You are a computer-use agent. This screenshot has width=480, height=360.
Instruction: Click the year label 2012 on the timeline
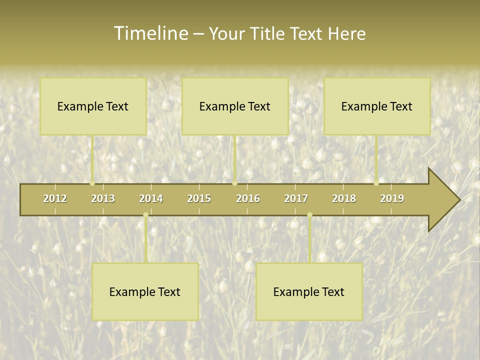point(55,198)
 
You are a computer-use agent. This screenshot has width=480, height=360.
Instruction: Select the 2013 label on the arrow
point(103,198)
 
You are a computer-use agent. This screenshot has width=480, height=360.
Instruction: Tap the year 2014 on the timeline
point(151,198)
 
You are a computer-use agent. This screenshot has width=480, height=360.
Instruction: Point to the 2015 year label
point(199,198)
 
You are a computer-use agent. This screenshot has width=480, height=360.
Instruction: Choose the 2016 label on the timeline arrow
point(248,198)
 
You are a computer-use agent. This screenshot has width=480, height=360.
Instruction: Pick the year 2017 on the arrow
point(296,198)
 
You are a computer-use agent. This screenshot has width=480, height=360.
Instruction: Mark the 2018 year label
point(344,198)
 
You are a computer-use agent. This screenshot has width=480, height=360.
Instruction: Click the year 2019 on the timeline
point(392,198)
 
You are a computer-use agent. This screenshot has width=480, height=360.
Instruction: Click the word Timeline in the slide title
point(150,33)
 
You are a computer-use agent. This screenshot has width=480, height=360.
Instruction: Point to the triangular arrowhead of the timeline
point(443,200)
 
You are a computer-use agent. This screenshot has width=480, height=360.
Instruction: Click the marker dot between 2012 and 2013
point(92,183)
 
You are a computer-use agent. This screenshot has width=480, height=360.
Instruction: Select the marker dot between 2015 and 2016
point(234,183)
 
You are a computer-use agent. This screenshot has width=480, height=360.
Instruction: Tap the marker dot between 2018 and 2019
point(376,183)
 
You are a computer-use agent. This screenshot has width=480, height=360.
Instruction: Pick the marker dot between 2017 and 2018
point(309,215)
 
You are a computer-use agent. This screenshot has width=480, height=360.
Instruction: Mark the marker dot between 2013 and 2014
point(145,215)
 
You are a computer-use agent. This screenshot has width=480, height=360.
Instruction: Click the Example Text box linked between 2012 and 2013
point(93,106)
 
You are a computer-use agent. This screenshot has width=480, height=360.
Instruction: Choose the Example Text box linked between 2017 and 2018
point(309,291)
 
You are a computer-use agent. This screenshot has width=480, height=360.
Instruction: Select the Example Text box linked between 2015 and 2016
point(235,106)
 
